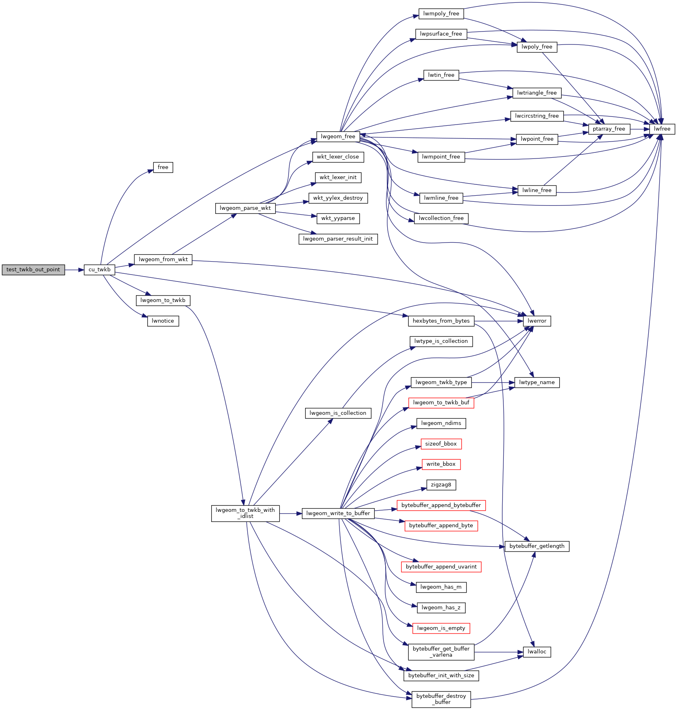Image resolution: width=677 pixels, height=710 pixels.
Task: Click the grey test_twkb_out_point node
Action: [33, 270]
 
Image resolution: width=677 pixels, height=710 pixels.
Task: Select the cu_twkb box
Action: [100, 270]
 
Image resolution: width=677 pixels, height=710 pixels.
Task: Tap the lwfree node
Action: [662, 129]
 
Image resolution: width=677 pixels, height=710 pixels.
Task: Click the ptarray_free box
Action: [609, 129]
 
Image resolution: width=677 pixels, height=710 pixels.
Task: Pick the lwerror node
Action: [537, 321]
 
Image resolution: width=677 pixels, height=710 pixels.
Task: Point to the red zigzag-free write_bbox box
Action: [441, 464]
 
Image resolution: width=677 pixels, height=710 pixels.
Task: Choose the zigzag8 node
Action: [441, 485]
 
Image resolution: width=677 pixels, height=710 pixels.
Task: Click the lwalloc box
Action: [537, 652]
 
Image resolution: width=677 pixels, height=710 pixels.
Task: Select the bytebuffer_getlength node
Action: [537, 546]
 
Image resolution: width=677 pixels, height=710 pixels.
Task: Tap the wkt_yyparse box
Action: [338, 218]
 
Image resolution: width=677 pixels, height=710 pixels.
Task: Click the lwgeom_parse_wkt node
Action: [245, 208]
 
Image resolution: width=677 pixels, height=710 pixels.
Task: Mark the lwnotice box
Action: [163, 321]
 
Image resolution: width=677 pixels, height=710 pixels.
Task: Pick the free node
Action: [163, 167]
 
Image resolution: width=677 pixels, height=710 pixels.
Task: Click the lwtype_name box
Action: [537, 382]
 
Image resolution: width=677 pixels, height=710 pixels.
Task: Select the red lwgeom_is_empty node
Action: [441, 628]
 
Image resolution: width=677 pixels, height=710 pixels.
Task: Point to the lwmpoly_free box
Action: [441, 14]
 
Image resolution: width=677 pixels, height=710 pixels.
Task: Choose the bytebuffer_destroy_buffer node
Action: [441, 699]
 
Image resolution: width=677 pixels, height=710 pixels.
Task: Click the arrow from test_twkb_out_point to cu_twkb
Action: [74, 270]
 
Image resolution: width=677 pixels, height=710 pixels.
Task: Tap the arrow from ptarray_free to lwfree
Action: [639, 129]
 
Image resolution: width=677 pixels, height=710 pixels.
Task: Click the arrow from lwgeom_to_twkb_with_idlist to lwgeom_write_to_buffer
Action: [290, 513]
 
